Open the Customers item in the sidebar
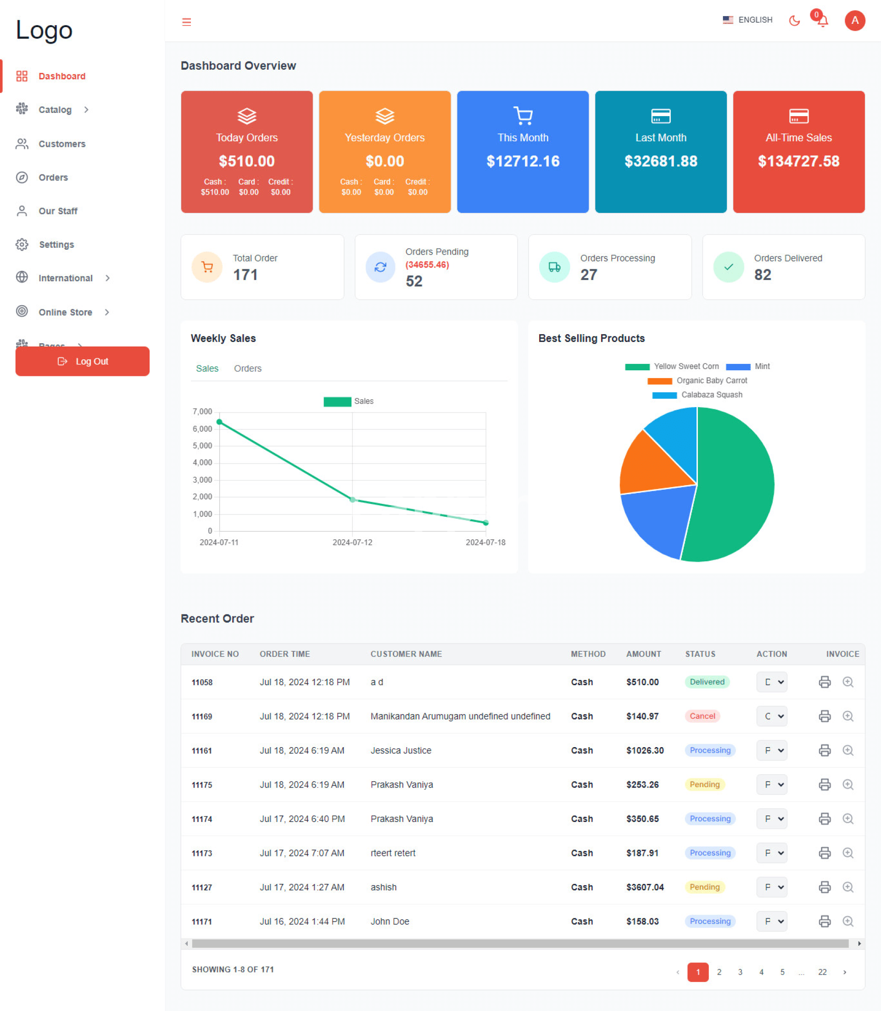[x=61, y=144]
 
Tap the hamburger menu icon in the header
[x=186, y=22]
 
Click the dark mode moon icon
[x=794, y=21]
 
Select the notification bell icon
[x=822, y=21]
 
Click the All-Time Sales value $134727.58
[x=798, y=161]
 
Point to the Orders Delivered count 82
[x=763, y=275]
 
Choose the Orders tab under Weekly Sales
[x=247, y=369]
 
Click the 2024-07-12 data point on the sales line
[x=352, y=500]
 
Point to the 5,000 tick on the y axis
[x=202, y=446]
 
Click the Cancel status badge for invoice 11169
[x=702, y=716]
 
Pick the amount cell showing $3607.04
[x=645, y=887]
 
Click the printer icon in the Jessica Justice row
[x=825, y=750]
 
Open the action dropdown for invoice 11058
[x=771, y=682]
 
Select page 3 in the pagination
[x=740, y=972]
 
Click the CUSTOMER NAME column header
[x=406, y=654]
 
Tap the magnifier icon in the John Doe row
[x=848, y=922]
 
